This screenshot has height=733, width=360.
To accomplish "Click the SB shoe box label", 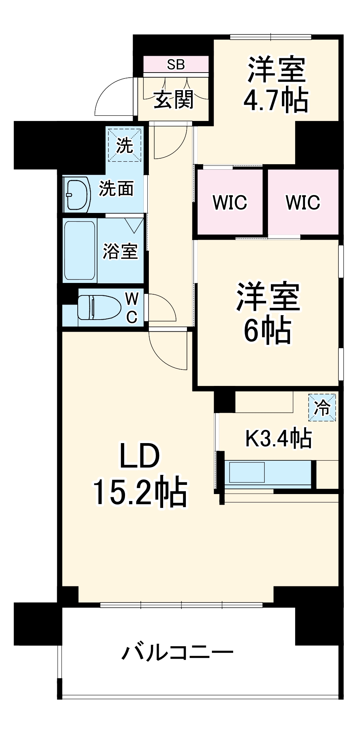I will pos(176,65).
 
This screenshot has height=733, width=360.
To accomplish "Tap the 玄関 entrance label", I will pos(173,99).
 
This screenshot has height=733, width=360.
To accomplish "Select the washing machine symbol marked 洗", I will pos(124,145).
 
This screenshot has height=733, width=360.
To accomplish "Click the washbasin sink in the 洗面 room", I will pos(78,195).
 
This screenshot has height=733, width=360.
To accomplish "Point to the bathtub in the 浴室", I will pos(80,250).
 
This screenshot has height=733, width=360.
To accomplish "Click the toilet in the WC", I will pos(99,307).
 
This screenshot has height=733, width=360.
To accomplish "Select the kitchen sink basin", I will pos(247,472).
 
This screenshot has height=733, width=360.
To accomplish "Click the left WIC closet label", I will pos(230,202).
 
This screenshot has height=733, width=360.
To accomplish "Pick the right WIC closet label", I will pos(303,202).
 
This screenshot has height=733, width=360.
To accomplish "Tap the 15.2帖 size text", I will pos(140,493).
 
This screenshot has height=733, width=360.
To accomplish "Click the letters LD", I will pos(140,456).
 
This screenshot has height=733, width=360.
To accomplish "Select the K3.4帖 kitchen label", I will pos(278,438).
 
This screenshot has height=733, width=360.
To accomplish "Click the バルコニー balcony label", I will pos(177,653).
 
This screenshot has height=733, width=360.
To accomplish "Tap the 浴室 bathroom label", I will pos(120,251).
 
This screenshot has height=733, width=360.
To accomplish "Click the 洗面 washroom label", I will pos(116,189).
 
